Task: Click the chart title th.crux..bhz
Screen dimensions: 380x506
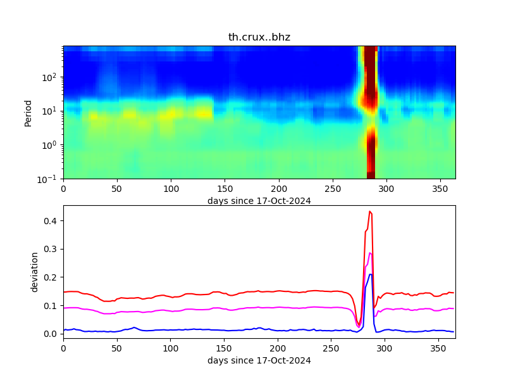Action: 259,37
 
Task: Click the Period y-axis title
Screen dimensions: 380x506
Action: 28,112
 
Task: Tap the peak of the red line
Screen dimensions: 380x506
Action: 370,212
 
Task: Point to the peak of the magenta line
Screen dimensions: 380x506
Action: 370,253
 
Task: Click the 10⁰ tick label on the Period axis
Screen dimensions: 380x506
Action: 52,145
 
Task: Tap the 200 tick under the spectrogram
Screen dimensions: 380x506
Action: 278,189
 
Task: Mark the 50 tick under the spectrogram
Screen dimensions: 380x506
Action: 117,189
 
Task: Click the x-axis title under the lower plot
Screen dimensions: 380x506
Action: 259,360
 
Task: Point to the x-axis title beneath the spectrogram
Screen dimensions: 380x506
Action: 259,201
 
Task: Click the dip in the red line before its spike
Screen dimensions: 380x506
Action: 359,325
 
